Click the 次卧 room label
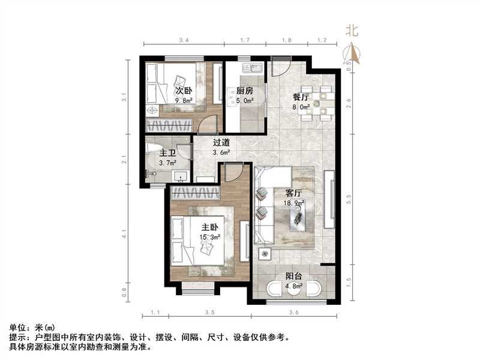[183, 91]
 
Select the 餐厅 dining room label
[301, 97]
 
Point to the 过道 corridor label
[221, 143]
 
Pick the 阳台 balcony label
[293, 277]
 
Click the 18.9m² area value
[293, 203]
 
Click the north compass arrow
[355, 55]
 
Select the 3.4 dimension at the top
[184, 40]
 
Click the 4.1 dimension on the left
[124, 232]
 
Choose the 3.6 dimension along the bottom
[294, 313]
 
